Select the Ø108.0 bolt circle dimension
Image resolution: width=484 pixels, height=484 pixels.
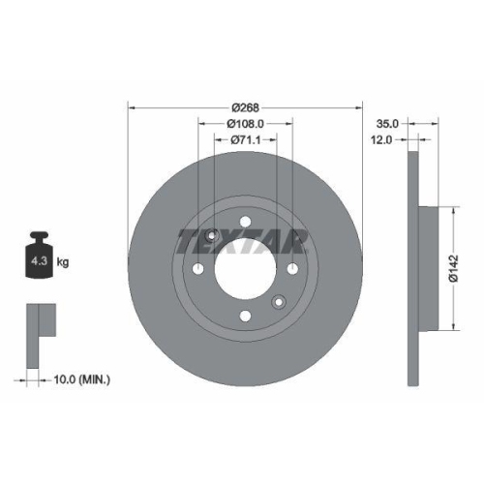[245, 123]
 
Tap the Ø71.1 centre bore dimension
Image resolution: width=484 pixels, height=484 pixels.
[248, 140]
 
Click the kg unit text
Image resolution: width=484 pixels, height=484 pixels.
[61, 261]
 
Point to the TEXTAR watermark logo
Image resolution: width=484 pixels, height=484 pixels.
[242, 241]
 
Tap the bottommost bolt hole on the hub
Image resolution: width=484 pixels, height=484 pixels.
[246, 314]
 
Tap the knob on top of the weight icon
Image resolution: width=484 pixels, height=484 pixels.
[40, 237]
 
